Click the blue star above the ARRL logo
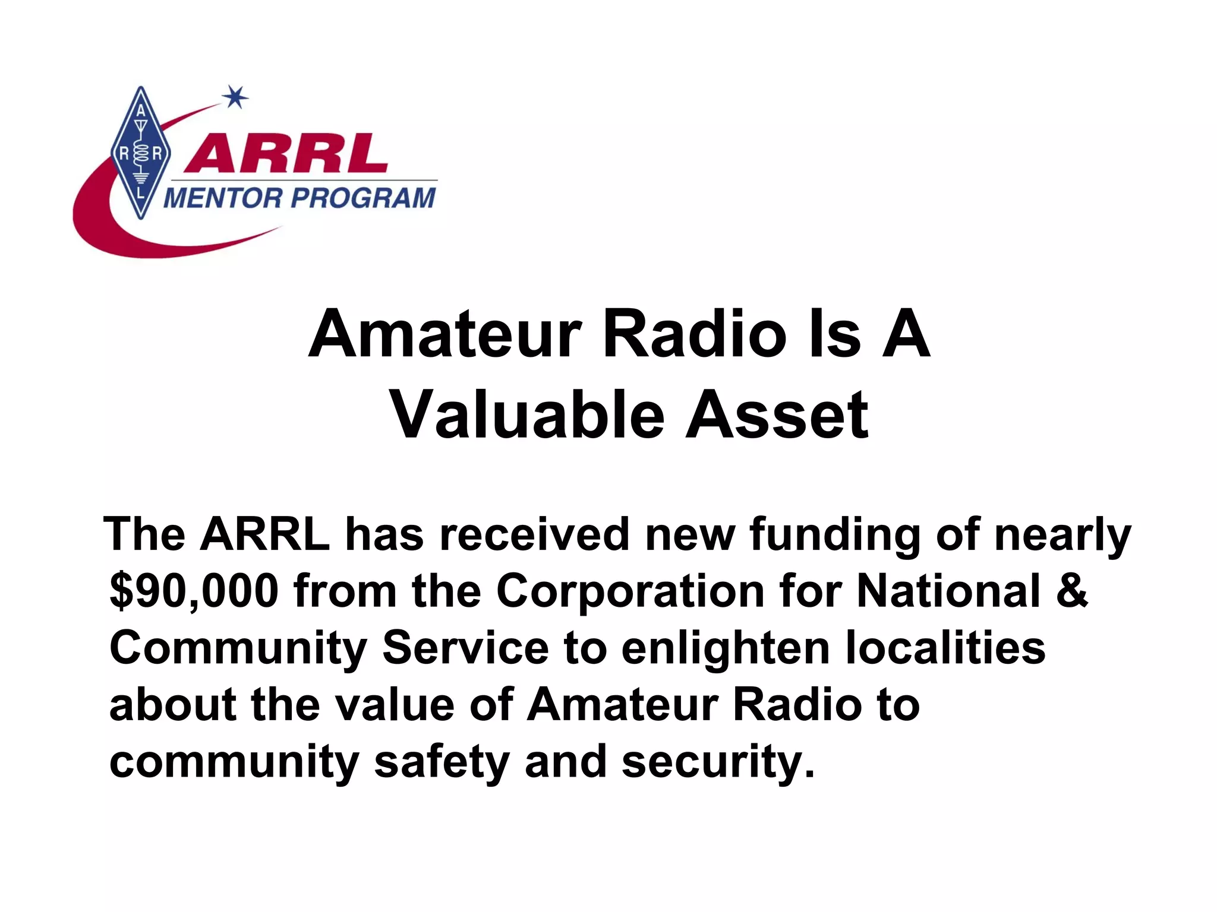(x=235, y=97)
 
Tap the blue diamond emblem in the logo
(x=141, y=153)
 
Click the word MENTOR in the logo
(x=222, y=198)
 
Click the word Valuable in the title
(x=526, y=415)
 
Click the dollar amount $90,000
(x=194, y=591)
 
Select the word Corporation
(x=630, y=591)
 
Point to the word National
(x=948, y=591)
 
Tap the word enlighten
(x=726, y=648)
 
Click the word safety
(x=442, y=762)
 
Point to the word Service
(x=465, y=648)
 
